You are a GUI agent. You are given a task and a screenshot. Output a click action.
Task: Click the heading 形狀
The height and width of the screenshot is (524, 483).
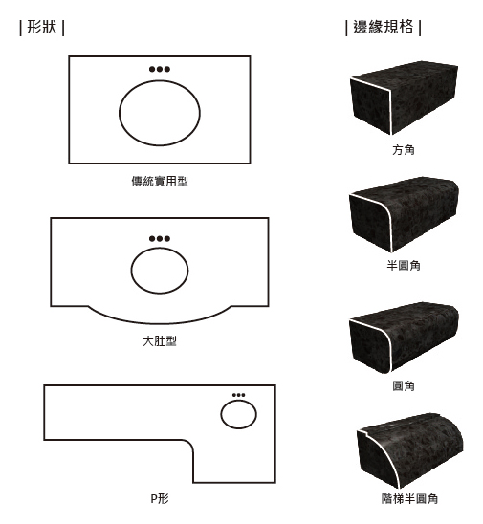click(x=42, y=27)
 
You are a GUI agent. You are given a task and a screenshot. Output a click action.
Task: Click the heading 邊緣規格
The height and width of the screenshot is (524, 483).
click(x=384, y=27)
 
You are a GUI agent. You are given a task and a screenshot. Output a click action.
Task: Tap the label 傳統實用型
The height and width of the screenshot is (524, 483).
click(x=160, y=181)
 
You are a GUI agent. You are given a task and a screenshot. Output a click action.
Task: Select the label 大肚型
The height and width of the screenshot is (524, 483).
click(x=160, y=341)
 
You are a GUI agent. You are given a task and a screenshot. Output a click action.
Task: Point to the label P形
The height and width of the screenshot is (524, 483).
click(x=160, y=498)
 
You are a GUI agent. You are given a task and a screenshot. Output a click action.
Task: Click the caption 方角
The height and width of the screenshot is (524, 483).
click(x=404, y=150)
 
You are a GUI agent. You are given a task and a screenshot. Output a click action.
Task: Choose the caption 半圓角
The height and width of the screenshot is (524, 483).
click(x=404, y=265)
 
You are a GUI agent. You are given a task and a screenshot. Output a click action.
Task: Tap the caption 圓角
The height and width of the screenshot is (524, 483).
click(x=404, y=386)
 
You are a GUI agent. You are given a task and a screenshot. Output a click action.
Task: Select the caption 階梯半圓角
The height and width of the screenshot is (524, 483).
click(x=409, y=498)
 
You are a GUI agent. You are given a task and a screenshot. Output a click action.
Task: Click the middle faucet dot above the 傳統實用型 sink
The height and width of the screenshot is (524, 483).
click(x=160, y=69)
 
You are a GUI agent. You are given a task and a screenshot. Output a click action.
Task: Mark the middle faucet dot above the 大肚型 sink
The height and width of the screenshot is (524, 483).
click(x=160, y=239)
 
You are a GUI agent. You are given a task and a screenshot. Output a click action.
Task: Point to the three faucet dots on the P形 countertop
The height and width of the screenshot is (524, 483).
click(x=238, y=395)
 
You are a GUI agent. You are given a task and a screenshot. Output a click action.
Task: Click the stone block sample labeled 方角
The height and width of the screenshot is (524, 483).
click(x=405, y=98)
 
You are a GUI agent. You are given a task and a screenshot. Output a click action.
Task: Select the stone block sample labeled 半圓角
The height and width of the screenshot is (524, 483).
click(x=405, y=214)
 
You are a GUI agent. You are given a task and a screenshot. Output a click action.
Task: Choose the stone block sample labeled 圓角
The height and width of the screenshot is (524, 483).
click(x=405, y=338)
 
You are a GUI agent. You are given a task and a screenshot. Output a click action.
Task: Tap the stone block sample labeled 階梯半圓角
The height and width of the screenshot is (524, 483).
click(x=410, y=451)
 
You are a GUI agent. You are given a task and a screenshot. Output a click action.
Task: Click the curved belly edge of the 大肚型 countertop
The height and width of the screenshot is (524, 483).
click(x=160, y=323)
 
